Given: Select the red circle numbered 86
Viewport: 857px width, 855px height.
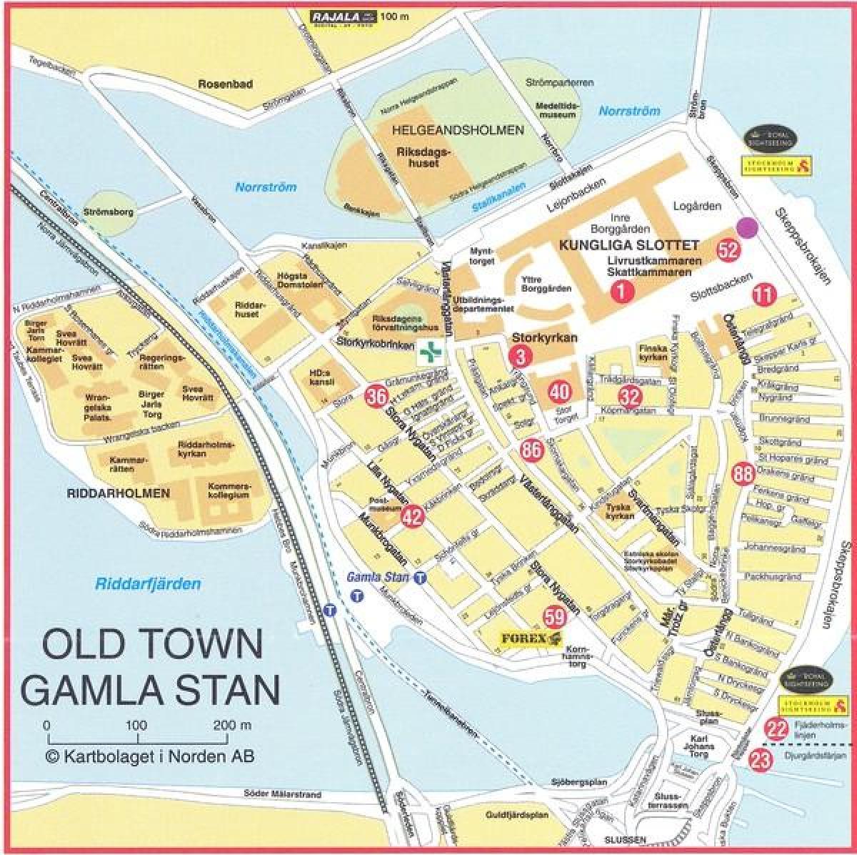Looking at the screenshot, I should pos(531,450).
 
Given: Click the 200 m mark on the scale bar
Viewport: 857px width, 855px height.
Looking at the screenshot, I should pos(224,725).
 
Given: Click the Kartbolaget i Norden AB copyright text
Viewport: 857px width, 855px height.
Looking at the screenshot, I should pos(150,756).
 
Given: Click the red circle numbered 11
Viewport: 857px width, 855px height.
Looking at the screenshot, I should pos(763,294).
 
